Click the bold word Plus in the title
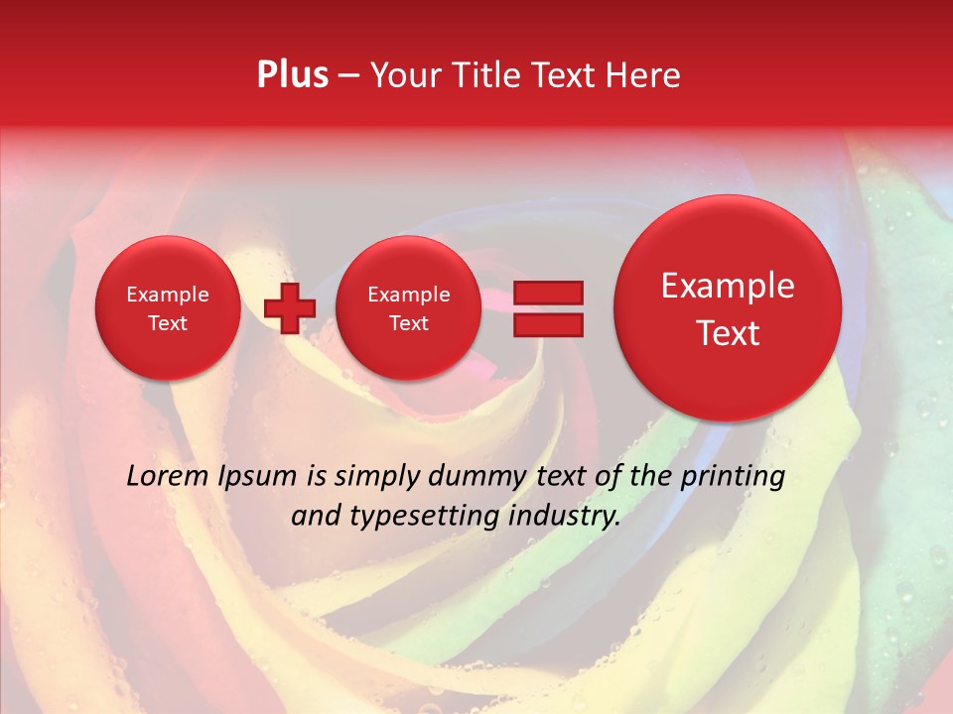(292, 75)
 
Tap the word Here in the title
(643, 75)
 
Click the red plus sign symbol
(290, 308)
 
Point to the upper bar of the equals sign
(547, 292)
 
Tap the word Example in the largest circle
(728, 286)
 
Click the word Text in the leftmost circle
(168, 323)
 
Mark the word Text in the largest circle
(728, 333)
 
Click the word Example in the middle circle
(408, 295)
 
